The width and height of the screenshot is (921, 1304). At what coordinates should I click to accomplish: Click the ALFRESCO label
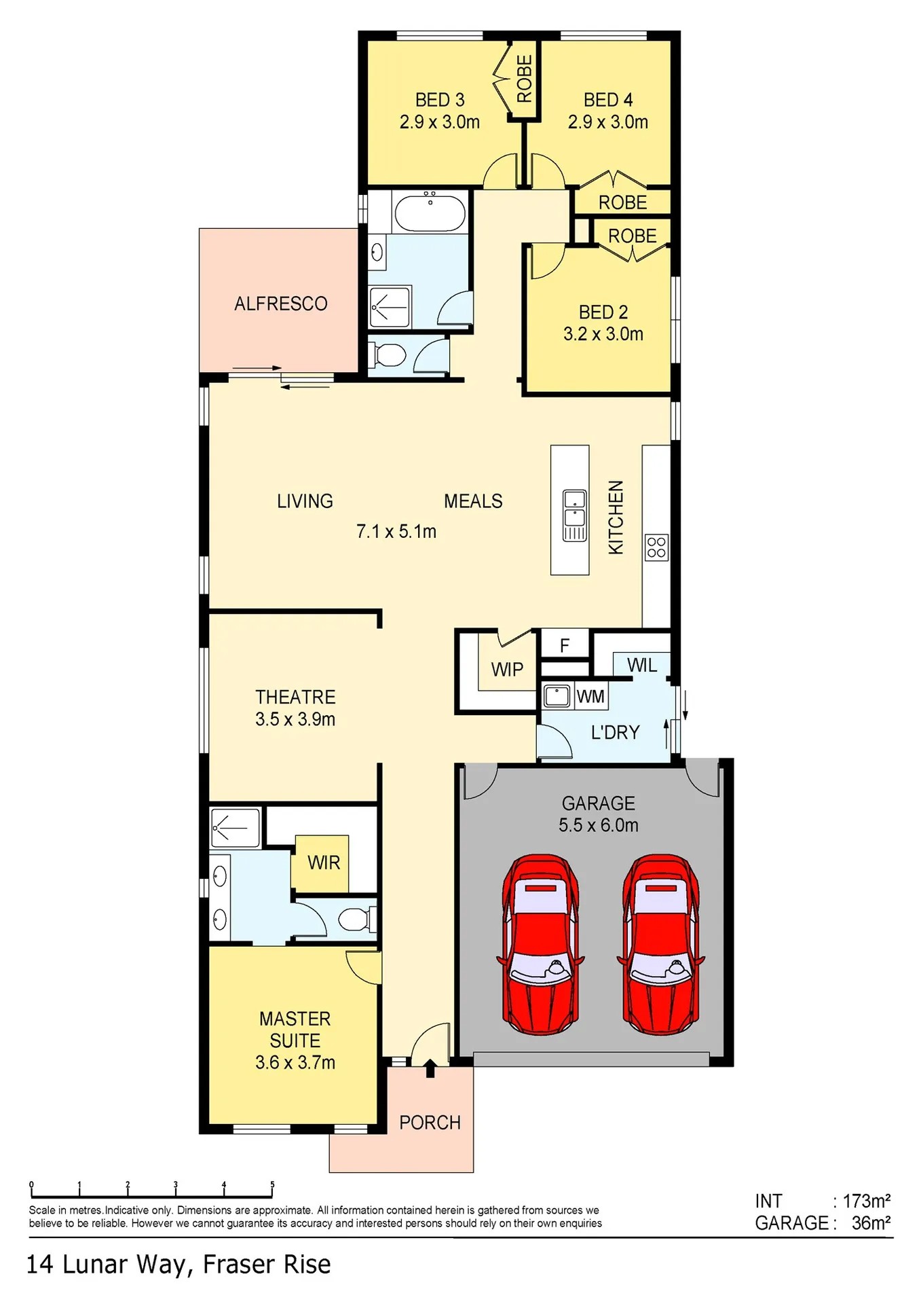[x=280, y=304]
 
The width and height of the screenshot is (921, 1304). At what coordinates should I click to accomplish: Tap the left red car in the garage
[x=540, y=945]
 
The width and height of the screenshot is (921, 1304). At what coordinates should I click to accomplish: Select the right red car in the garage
[x=660, y=945]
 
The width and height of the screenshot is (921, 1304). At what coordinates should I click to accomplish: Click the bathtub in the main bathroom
[x=430, y=213]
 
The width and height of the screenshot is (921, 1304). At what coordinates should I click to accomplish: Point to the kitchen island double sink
[x=574, y=515]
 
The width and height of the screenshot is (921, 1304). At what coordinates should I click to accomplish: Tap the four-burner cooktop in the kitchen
[x=656, y=547]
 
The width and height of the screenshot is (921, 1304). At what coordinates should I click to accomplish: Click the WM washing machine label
[x=590, y=697]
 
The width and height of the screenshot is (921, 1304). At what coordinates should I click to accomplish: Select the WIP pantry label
[x=507, y=670]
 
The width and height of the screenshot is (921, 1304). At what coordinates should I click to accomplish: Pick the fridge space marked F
[x=565, y=645]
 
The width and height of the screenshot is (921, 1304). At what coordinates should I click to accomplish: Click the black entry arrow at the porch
[x=430, y=1068]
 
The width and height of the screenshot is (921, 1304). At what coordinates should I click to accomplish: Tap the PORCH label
[x=430, y=1123]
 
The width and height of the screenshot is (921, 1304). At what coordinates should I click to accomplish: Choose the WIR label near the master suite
[x=324, y=863]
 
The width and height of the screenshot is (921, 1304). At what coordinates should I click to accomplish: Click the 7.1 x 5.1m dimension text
[x=396, y=531]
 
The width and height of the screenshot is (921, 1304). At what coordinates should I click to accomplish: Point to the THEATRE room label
[x=295, y=697]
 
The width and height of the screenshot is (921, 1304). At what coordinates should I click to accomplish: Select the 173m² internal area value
[x=867, y=1201]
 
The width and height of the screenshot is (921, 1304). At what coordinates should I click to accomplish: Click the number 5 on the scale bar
[x=272, y=1184]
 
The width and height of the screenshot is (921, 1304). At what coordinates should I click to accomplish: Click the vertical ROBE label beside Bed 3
[x=525, y=79]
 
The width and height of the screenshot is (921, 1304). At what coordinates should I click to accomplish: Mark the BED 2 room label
[x=603, y=312]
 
